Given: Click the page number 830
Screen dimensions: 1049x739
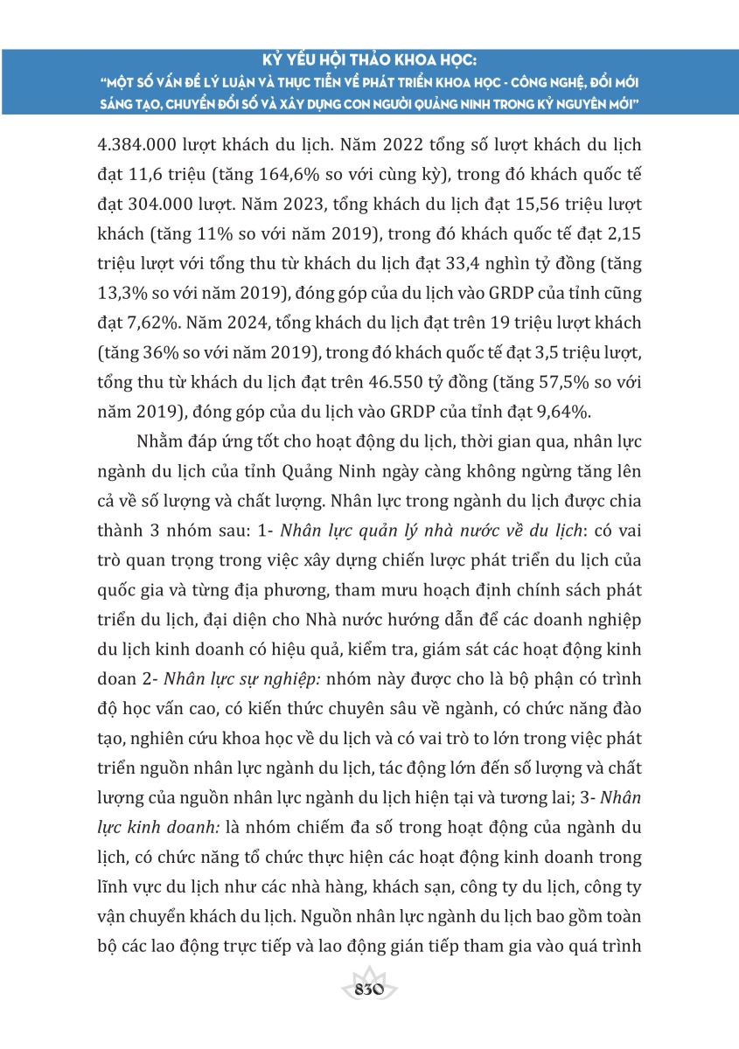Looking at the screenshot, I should tap(369, 989).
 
